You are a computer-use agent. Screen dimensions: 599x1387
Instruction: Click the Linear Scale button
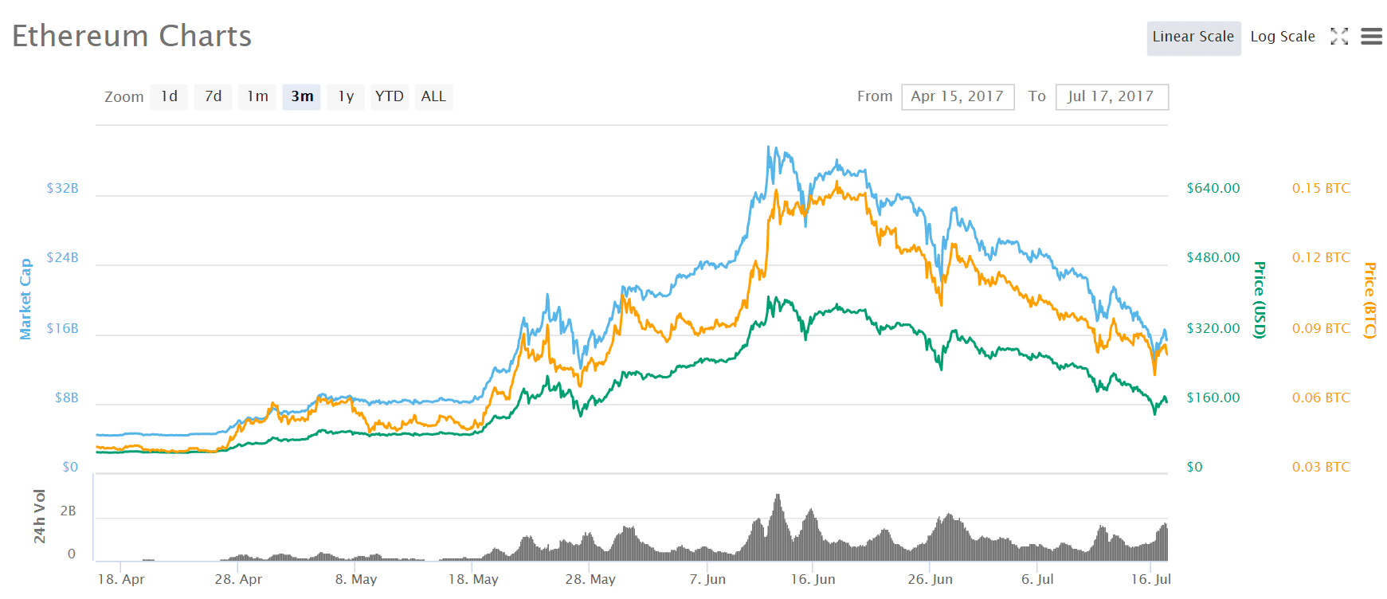point(1193,37)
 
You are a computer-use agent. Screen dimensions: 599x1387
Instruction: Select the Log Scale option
point(1282,37)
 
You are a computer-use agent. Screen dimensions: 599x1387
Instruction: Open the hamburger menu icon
point(1371,37)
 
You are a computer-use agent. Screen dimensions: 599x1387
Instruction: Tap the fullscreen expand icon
point(1339,37)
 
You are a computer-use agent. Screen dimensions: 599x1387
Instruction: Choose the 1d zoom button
point(169,96)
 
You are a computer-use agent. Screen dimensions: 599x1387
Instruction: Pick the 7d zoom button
point(213,96)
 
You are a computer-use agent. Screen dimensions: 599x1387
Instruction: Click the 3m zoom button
point(302,96)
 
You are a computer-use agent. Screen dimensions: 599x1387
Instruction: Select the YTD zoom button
point(390,96)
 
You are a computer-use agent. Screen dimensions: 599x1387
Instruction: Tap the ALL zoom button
point(433,96)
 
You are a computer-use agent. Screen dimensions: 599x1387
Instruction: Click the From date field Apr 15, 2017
point(957,96)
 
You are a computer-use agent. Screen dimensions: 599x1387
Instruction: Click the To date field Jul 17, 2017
point(1111,96)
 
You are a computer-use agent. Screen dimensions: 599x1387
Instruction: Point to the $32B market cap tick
point(62,189)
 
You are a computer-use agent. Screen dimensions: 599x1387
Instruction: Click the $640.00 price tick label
point(1213,189)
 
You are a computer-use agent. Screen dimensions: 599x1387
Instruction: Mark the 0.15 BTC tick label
point(1320,189)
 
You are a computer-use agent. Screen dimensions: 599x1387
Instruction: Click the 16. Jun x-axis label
point(813,579)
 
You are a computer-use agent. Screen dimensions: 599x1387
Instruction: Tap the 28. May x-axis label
point(590,579)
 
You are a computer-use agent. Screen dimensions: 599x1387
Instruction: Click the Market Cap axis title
point(26,299)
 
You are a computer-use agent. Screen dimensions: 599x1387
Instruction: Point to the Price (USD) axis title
point(1259,299)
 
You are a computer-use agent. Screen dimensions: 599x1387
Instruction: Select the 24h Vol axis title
point(39,516)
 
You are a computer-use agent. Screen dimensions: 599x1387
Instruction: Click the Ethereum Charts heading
point(131,37)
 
